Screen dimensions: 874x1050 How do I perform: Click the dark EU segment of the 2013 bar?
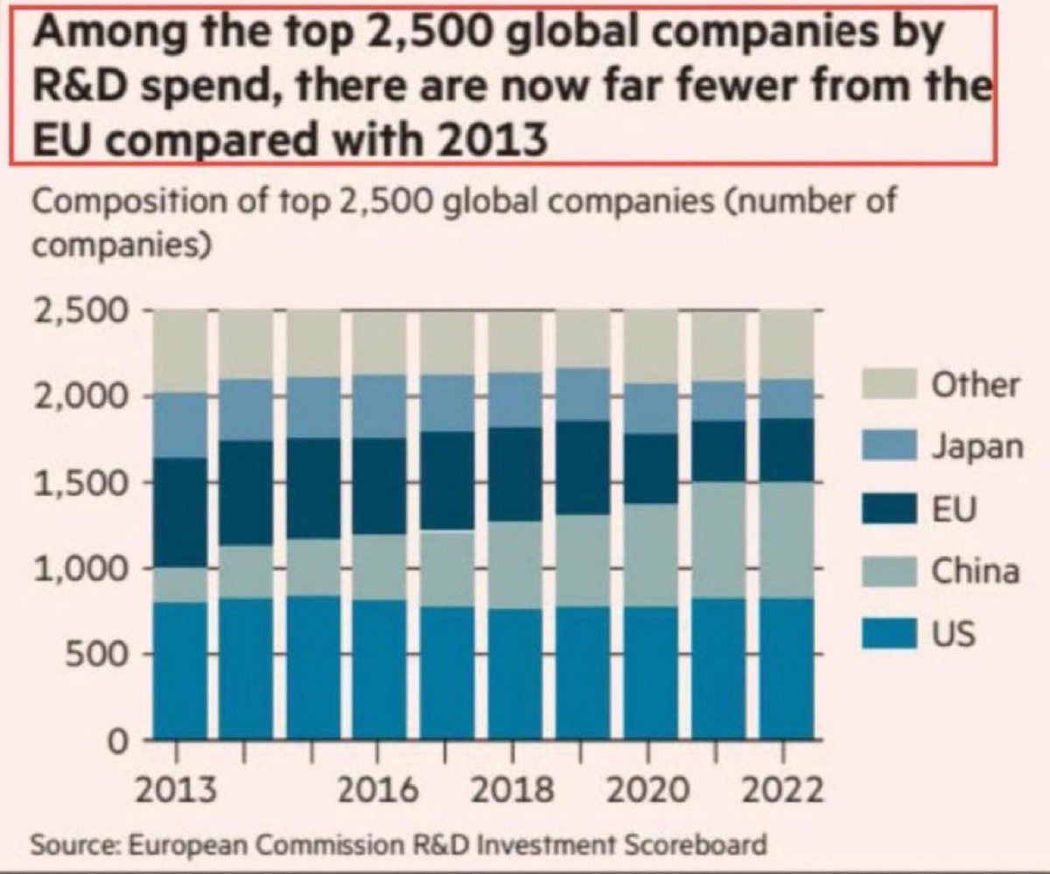[180, 512]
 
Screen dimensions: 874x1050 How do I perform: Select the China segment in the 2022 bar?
[785, 540]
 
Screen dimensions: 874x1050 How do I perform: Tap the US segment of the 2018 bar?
[514, 674]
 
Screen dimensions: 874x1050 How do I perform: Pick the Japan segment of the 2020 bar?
[650, 409]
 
